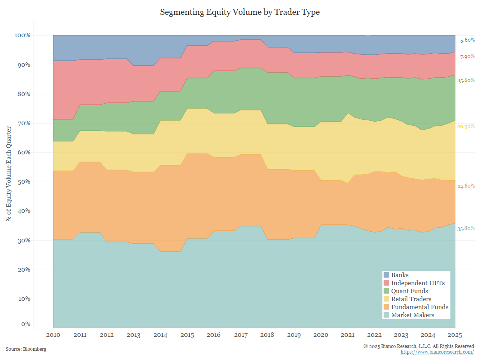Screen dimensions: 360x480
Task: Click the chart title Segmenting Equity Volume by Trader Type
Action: point(240,12)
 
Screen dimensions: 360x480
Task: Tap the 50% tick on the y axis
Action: point(22,182)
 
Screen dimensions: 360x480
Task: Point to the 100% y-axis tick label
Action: point(22,35)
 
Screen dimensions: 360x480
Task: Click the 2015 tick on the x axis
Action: point(187,335)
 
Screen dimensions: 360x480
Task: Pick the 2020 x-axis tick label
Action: point(320,335)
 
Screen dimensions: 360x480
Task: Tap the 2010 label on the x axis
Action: point(53,335)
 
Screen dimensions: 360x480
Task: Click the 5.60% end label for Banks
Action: point(467,40)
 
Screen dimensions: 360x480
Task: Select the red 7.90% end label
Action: point(467,56)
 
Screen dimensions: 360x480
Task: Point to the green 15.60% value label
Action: point(466,80)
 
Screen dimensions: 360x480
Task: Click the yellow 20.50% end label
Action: point(466,126)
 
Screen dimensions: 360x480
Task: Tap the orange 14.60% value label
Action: point(466,186)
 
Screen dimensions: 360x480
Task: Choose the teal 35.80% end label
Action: point(466,228)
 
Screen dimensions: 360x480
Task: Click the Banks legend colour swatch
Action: point(386,275)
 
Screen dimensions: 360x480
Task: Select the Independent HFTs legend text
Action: point(418,283)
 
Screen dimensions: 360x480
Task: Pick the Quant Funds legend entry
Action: point(409,291)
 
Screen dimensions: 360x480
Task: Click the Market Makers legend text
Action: point(412,315)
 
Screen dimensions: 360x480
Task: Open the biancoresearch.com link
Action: point(437,352)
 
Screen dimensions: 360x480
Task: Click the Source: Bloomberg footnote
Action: point(26,349)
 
